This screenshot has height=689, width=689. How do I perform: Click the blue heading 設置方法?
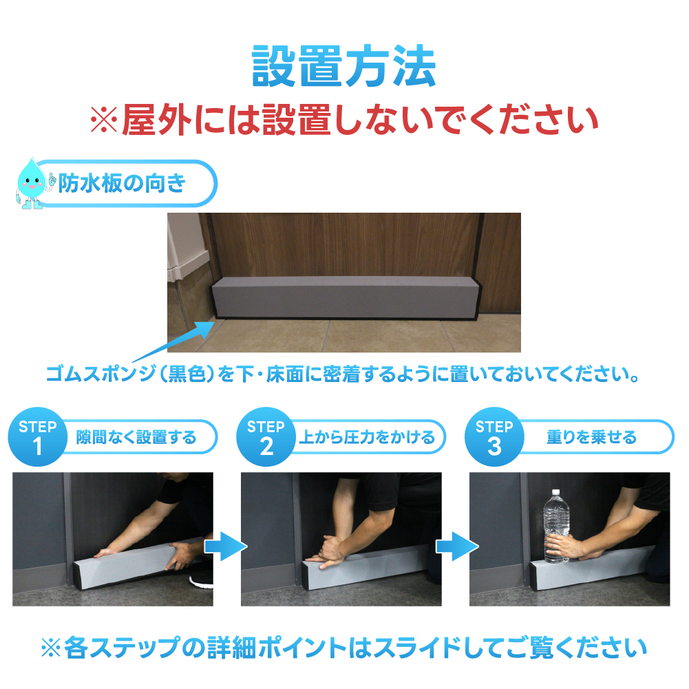tap(343, 66)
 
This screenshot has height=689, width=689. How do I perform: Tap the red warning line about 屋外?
tap(344, 120)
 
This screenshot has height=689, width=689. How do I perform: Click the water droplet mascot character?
tap(32, 184)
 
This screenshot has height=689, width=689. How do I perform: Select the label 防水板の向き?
tap(122, 183)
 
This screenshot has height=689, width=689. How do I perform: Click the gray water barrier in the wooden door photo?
tap(345, 298)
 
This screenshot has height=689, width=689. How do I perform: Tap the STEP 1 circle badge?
tap(38, 437)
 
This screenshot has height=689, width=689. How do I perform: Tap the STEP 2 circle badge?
tap(266, 437)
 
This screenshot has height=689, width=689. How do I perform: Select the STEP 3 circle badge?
tap(494, 437)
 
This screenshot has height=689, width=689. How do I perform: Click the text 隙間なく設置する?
tap(136, 438)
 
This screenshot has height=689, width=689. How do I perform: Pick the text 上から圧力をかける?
tap(367, 438)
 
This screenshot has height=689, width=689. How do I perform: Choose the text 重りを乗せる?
tap(591, 438)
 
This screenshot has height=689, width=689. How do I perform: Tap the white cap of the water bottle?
tap(556, 492)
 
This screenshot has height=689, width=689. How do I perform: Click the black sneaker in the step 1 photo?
tap(201, 579)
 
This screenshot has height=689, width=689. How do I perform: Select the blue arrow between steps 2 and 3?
tap(457, 547)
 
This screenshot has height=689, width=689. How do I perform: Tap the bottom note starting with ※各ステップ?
tap(344, 648)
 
